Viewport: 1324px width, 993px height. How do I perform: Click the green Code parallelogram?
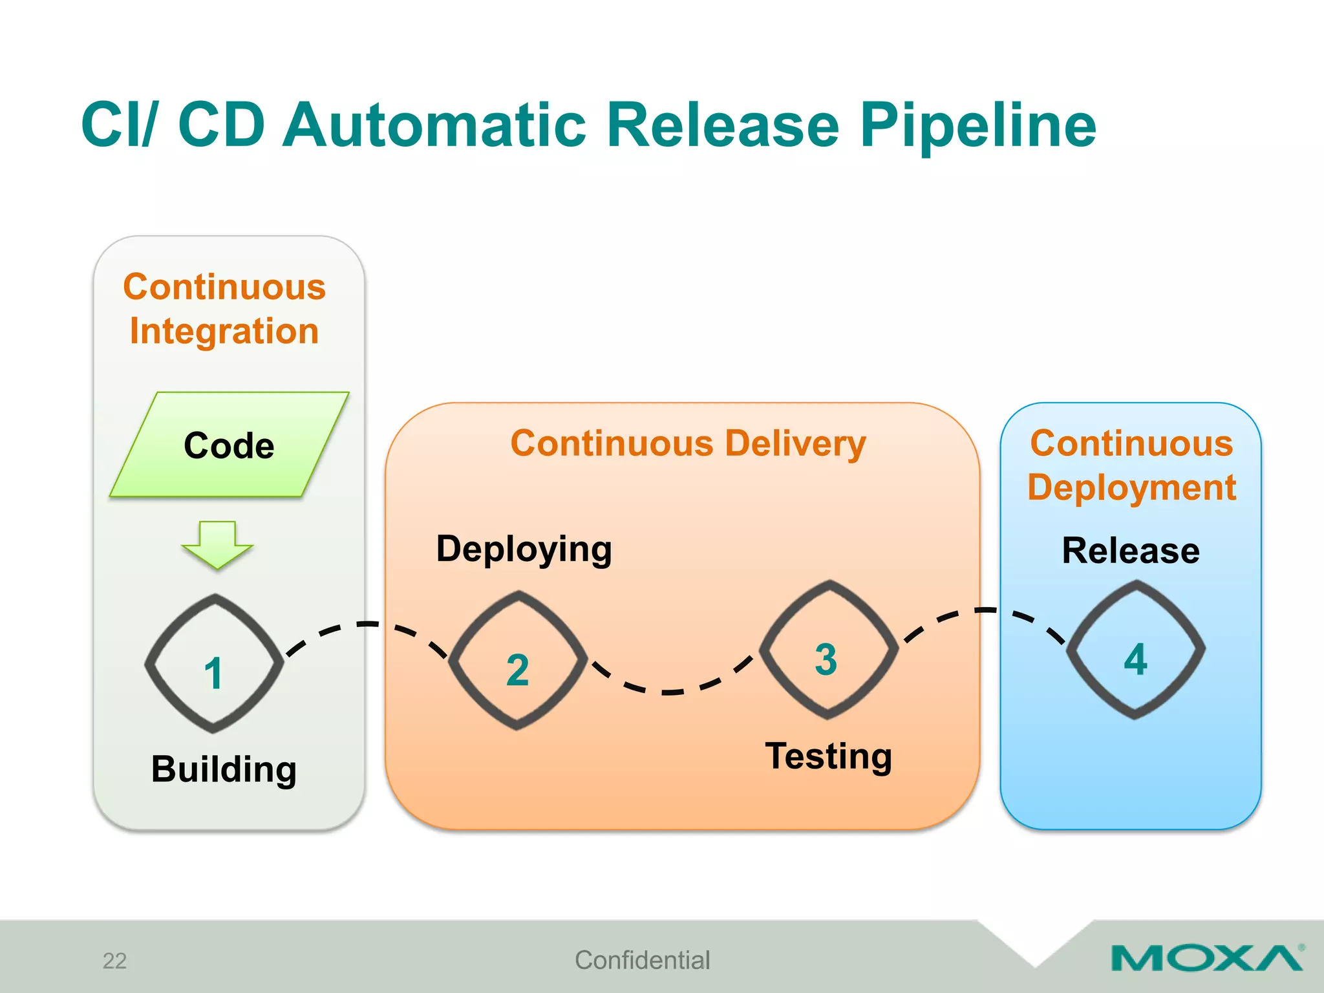point(230,445)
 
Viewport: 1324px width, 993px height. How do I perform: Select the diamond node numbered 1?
point(214,664)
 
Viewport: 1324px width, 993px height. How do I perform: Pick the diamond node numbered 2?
point(518,661)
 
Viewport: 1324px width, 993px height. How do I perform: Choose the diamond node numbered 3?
point(828,650)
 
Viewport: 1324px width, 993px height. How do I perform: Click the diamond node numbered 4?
point(1135,650)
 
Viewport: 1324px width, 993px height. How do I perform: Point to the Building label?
point(224,769)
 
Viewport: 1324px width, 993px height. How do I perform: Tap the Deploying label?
point(524,550)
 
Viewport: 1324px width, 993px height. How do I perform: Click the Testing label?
point(828,756)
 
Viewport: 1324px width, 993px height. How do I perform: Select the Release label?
point(1131,551)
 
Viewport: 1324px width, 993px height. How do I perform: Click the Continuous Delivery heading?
point(688,443)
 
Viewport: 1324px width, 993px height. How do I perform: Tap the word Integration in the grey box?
point(224,332)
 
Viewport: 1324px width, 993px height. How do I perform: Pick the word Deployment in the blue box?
point(1131,487)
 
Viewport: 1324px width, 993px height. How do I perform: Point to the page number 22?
point(114,961)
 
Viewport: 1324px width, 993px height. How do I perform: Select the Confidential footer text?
point(642,960)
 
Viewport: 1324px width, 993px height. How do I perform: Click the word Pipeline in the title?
point(977,126)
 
